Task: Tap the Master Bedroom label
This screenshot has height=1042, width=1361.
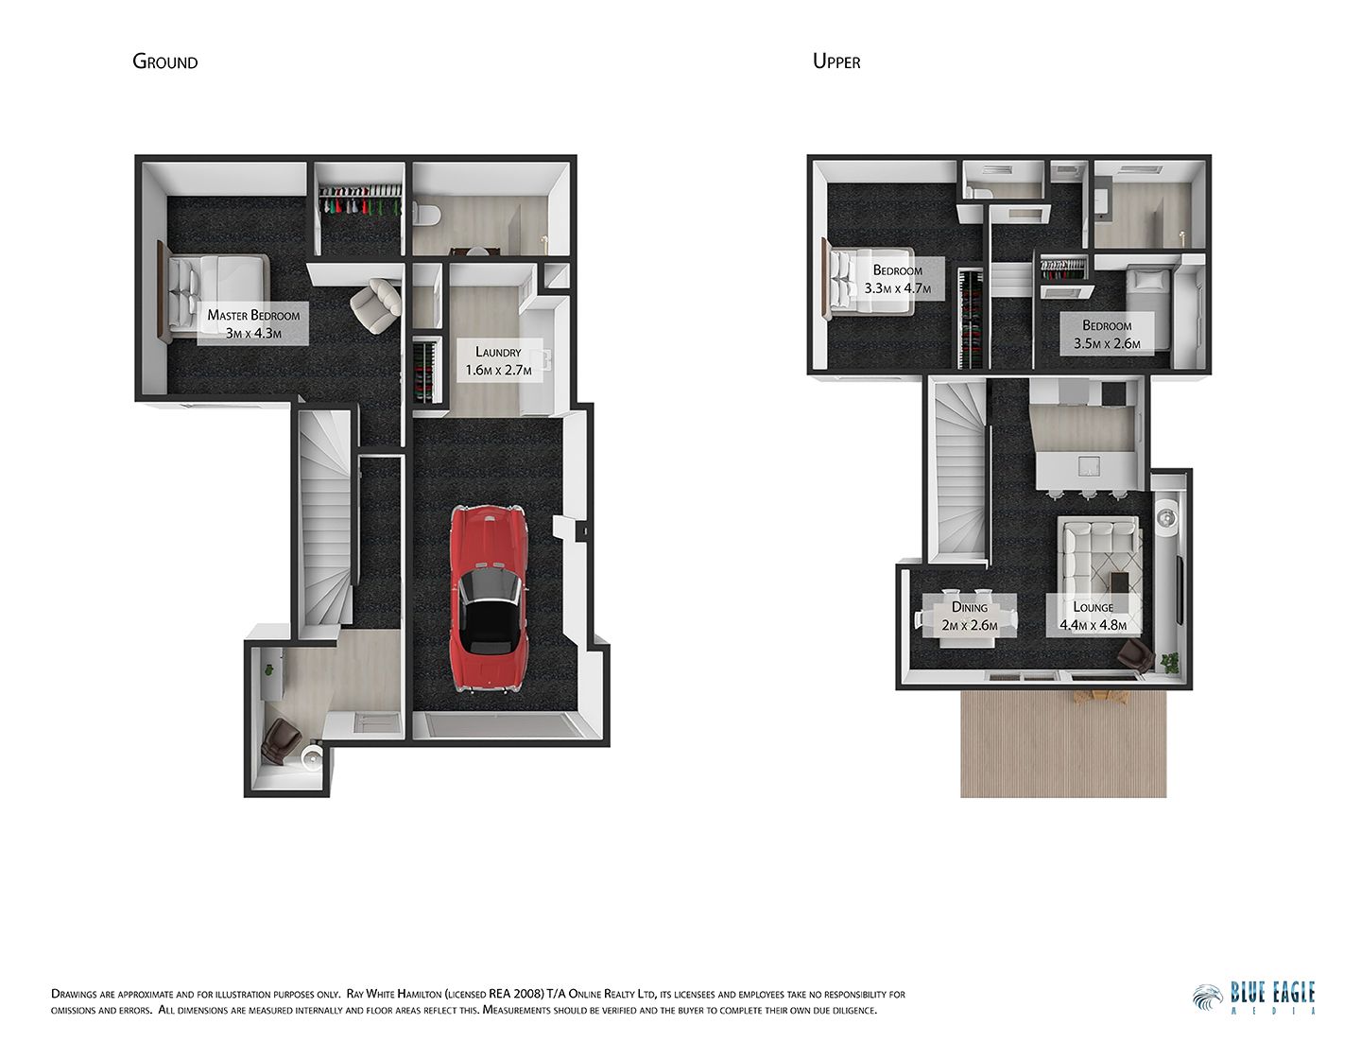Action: coord(253,323)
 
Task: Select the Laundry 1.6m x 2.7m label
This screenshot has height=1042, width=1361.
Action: coord(498,360)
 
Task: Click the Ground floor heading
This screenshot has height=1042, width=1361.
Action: coord(165,62)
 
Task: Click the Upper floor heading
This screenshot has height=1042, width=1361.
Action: coord(836,62)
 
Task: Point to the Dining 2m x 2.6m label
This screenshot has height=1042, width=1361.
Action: coord(970,616)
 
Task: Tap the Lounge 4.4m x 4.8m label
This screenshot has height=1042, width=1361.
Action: coord(1093,616)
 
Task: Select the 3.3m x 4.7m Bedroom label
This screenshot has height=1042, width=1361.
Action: coord(897,279)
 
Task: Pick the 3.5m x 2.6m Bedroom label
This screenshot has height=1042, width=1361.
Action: coord(1107,334)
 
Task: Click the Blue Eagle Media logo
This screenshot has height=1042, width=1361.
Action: coord(1254,998)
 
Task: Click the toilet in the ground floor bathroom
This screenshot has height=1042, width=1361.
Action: coord(425,216)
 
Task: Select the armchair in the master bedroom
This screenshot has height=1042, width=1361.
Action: coord(373,304)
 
